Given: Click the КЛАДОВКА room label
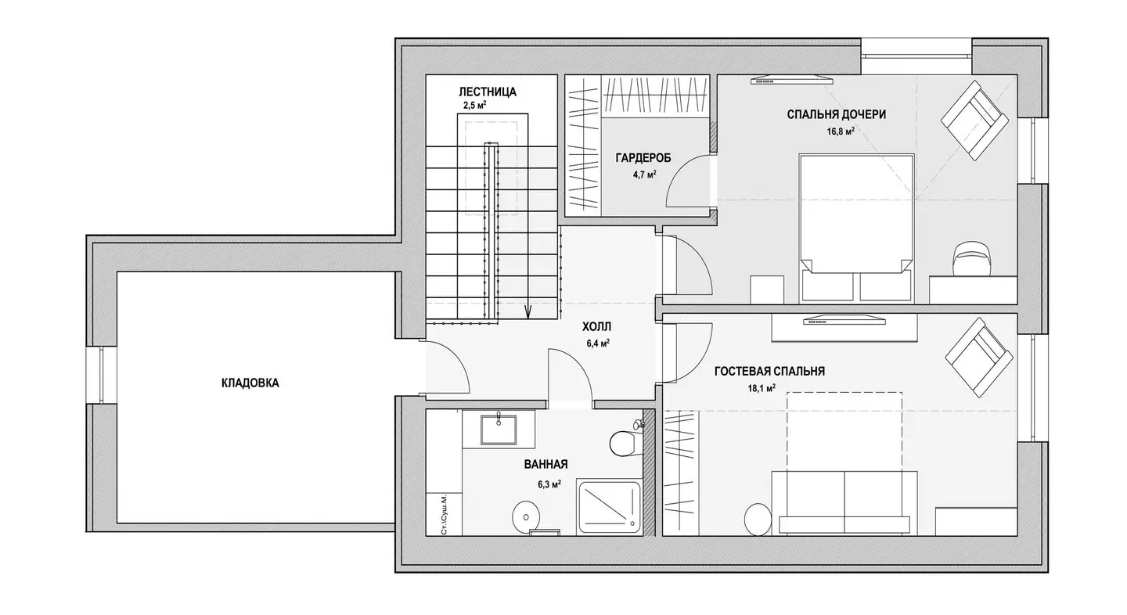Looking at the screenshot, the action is (x=250, y=383).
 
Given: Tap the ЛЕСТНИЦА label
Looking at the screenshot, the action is (x=487, y=92).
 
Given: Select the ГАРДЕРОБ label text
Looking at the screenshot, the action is (x=643, y=158).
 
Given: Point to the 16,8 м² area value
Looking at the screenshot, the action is (x=841, y=131).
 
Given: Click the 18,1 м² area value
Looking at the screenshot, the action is (x=762, y=388).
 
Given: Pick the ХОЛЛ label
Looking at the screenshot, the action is (x=596, y=327).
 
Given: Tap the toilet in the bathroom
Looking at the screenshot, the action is (x=626, y=441).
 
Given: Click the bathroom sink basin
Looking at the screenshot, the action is (x=499, y=430).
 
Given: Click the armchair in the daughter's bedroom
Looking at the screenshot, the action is (x=975, y=120).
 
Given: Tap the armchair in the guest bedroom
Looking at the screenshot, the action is (x=979, y=357).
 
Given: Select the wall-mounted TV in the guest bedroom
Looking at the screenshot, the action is (x=844, y=320).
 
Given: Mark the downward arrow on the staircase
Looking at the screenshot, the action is (x=527, y=311).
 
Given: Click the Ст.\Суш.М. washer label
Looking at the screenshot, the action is (x=444, y=515).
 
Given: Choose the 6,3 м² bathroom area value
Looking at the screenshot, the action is (x=549, y=484).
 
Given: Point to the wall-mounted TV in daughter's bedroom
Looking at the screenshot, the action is (x=791, y=80).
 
